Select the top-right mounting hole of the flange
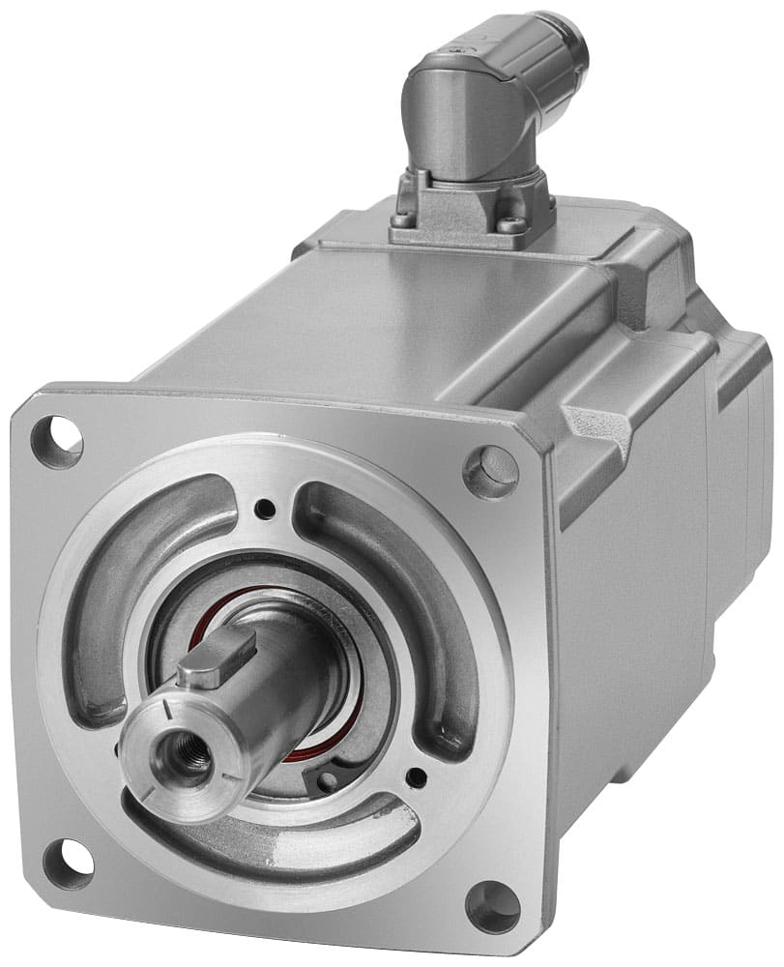(490, 471)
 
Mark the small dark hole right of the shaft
(417, 776)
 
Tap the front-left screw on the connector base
(402, 219)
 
